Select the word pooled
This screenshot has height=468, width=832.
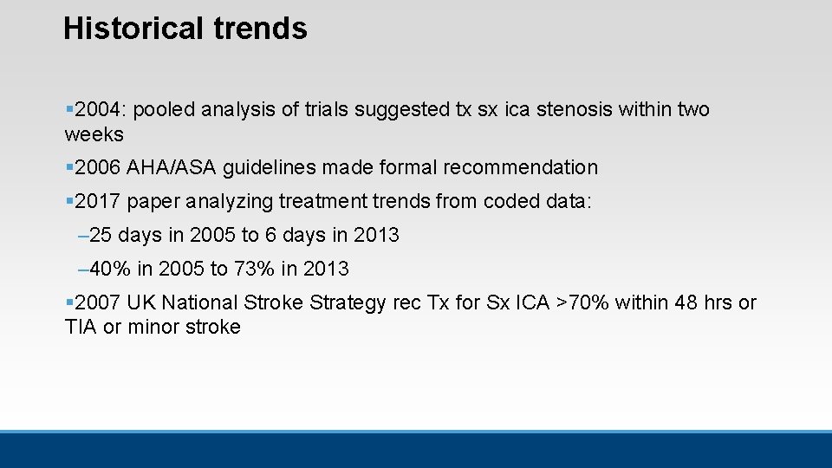[x=163, y=110]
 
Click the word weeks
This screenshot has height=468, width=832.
[x=94, y=135]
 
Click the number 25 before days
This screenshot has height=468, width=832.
[x=101, y=236]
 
